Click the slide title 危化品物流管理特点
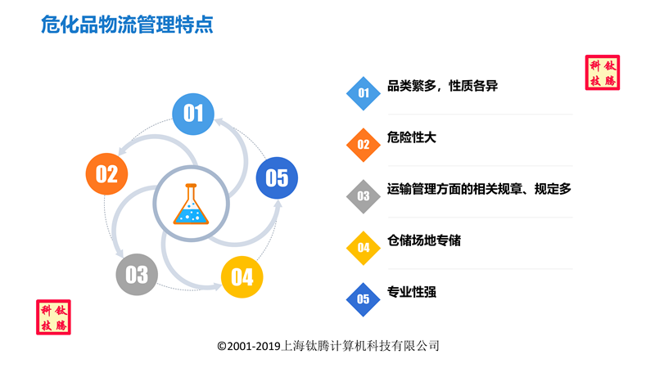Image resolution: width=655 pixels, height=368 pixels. click(x=127, y=25)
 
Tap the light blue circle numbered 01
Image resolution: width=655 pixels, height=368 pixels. click(x=193, y=114)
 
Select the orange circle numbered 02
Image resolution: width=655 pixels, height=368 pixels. click(x=106, y=174)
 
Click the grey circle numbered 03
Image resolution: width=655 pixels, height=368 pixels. click(x=137, y=275)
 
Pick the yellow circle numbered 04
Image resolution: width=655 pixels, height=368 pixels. click(x=242, y=277)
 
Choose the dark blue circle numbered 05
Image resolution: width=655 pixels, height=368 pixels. click(x=277, y=177)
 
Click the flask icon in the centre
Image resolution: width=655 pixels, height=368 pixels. click(x=191, y=204)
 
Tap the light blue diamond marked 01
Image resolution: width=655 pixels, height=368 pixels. click(x=364, y=93)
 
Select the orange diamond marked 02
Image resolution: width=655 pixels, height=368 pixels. click(x=364, y=145)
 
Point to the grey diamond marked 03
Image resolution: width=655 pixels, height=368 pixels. click(x=364, y=196)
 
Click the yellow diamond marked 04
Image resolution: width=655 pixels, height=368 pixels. click(x=364, y=248)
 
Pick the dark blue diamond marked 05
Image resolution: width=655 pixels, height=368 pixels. click(x=364, y=299)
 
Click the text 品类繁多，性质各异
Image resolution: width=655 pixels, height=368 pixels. click(x=442, y=86)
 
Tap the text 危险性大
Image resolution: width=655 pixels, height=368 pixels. click(x=412, y=137)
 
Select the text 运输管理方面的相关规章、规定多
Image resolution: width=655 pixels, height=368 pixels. click(x=479, y=189)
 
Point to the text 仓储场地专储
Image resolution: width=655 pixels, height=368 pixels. click(x=424, y=240)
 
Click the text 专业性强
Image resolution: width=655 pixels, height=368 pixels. click(x=412, y=292)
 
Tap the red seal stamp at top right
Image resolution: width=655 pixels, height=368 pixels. click(x=603, y=73)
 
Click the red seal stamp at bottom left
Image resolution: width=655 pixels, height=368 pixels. click(x=53, y=317)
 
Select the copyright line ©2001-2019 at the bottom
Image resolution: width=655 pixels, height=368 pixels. click(x=328, y=346)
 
